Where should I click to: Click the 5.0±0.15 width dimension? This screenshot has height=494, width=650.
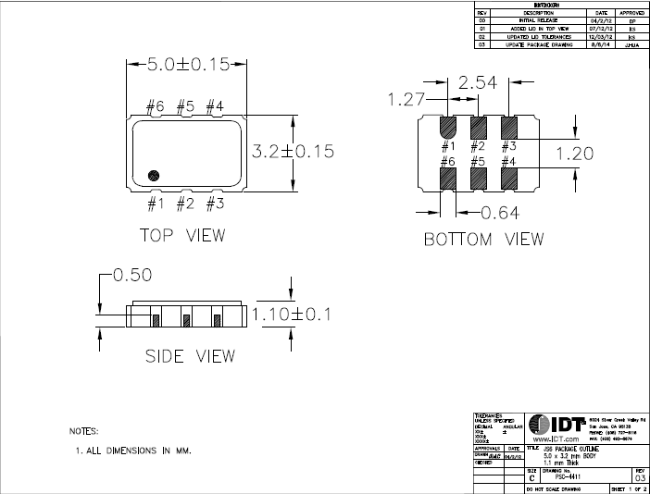pos(188,66)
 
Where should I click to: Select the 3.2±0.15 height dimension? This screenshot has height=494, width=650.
pos(294,151)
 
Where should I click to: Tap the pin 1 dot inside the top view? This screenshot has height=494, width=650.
pos(155,174)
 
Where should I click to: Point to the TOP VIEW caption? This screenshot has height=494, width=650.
pos(181,235)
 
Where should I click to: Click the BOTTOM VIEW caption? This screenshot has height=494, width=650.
pos(483,240)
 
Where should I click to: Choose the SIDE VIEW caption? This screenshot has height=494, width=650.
pos(190,356)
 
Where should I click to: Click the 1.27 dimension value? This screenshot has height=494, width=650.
pos(406,100)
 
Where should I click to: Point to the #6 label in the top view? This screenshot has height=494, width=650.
pos(155,107)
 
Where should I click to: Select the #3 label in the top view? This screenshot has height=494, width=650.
pos(215,203)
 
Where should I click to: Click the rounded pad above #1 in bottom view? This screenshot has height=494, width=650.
pos(447,127)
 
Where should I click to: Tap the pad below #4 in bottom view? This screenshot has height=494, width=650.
pos(508,177)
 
